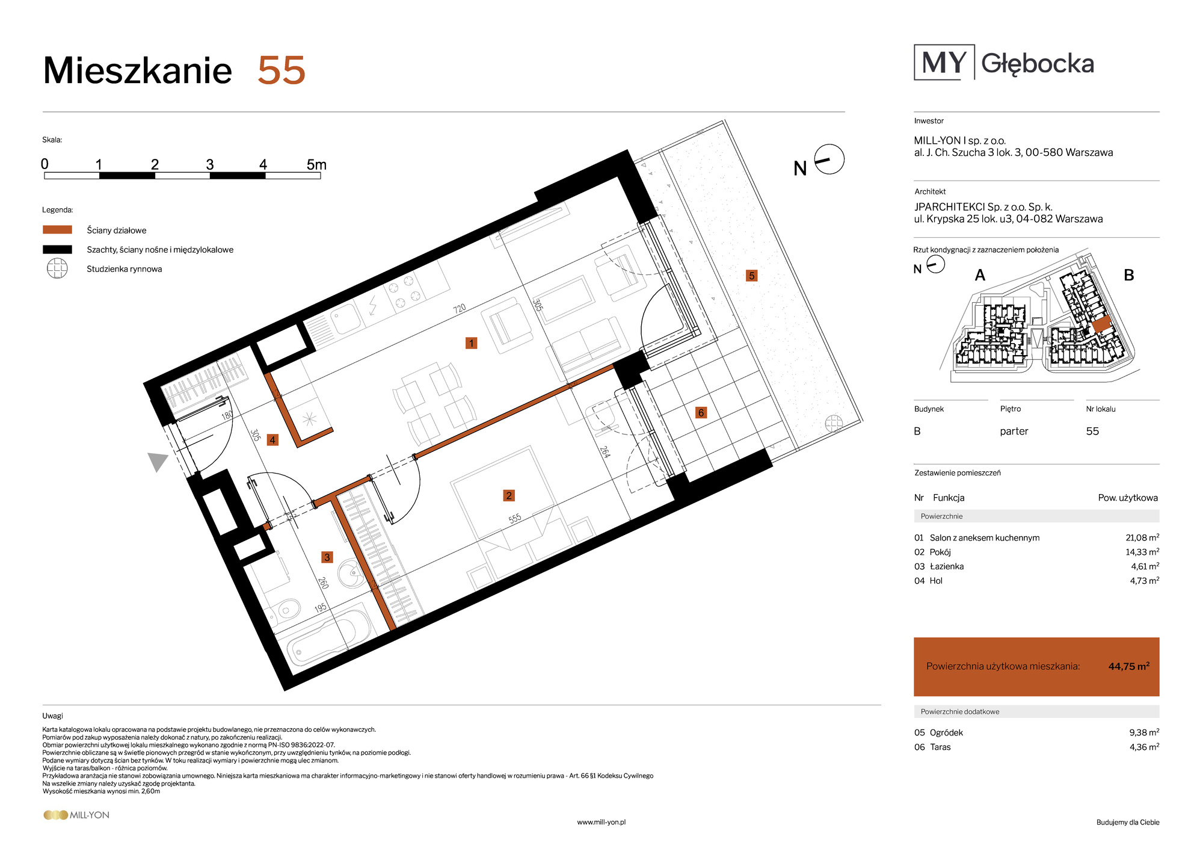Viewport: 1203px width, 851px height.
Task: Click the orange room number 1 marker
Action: [x=471, y=343]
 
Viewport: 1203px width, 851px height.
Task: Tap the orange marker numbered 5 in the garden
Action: [x=751, y=276]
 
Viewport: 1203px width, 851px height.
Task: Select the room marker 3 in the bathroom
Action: [x=327, y=557]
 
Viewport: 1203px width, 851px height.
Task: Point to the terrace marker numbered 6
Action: [x=701, y=412]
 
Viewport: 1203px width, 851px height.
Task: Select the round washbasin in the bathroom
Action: [x=351, y=572]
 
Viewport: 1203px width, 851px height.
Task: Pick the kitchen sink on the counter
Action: [x=345, y=319]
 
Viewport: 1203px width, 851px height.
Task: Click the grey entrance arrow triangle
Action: [x=158, y=462]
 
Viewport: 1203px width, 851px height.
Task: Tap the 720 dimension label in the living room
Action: [x=460, y=309]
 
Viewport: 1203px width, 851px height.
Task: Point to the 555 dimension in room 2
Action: [x=515, y=519]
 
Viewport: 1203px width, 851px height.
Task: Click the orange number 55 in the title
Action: [x=282, y=71]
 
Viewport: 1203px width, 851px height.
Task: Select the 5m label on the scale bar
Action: [x=316, y=164]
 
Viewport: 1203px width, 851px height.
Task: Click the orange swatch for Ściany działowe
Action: [x=57, y=230]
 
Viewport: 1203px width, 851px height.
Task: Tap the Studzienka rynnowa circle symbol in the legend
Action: [x=57, y=268]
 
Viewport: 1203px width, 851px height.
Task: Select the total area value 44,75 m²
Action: [x=1129, y=666]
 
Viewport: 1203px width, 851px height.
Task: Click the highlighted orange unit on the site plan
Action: [x=1102, y=324]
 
